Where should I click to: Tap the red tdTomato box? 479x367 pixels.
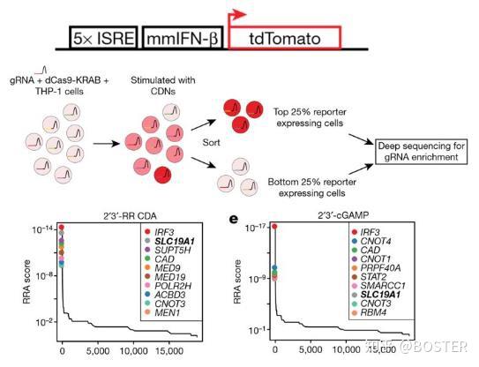(282, 37)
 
